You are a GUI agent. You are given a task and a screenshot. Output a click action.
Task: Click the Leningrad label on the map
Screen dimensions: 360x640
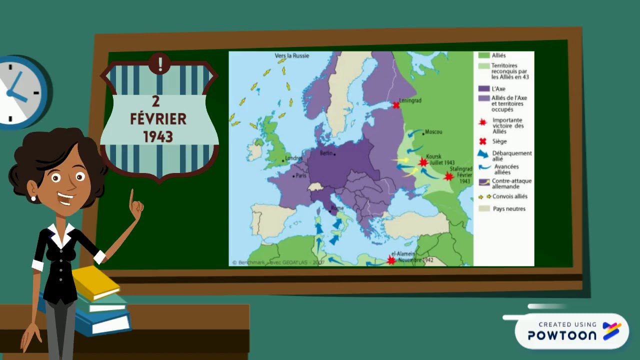(410, 100)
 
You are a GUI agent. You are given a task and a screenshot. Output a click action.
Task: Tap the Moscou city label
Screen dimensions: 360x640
(433, 132)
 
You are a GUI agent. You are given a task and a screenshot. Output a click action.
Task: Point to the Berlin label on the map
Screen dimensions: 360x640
(326, 153)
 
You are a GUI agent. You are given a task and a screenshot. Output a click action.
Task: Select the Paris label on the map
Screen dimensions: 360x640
(301, 175)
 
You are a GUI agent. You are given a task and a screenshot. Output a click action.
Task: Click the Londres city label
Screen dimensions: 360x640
(294, 158)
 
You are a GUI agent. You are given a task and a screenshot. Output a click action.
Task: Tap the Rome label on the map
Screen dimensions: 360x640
(337, 208)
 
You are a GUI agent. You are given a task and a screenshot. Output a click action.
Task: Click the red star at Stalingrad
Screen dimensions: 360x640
(448, 176)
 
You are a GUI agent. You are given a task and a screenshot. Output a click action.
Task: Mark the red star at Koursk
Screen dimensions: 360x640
(423, 162)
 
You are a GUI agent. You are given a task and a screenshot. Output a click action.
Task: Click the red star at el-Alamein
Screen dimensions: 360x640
(391, 259)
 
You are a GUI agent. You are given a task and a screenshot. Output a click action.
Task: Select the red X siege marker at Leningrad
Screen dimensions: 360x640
(396, 105)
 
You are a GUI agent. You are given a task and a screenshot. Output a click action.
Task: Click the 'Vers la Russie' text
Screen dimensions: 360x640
(292, 55)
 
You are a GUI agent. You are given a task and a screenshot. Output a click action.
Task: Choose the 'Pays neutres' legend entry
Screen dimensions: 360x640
(509, 208)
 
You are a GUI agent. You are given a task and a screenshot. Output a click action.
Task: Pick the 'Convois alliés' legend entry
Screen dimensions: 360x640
(510, 196)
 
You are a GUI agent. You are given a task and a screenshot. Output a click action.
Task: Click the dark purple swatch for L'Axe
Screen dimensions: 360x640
(483, 88)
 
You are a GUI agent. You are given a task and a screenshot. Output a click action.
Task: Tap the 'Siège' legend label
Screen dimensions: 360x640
(499, 141)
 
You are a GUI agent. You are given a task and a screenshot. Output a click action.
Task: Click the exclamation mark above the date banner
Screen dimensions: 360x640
(160, 63)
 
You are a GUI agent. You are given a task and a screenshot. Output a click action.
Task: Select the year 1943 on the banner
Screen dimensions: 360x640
(158, 136)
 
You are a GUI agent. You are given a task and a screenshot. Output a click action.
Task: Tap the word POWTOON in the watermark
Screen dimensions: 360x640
(562, 335)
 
